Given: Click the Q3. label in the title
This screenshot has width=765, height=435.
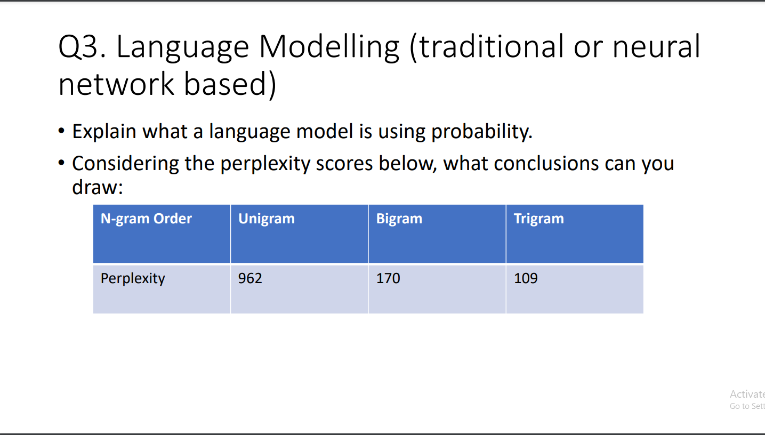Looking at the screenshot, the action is pyautogui.click(x=82, y=47).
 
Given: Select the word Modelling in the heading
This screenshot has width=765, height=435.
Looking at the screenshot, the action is pyautogui.click(x=329, y=47).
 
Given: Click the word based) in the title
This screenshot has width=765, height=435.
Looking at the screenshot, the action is pyautogui.click(x=230, y=84).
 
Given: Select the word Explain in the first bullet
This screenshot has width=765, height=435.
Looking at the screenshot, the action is pyautogui.click(x=104, y=132).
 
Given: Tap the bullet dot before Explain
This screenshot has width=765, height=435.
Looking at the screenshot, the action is pyautogui.click(x=61, y=131).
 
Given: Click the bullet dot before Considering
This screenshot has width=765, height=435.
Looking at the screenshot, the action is pyautogui.click(x=61, y=163).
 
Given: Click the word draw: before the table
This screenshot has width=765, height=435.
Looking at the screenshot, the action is pyautogui.click(x=98, y=187).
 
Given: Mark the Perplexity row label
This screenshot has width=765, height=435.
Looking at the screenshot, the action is pyautogui.click(x=133, y=278).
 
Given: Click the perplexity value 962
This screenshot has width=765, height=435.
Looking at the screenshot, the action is pyautogui.click(x=250, y=278).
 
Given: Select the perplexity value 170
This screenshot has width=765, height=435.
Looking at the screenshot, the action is pyautogui.click(x=388, y=278).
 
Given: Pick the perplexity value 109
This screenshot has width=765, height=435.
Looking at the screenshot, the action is pyautogui.click(x=526, y=278).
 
